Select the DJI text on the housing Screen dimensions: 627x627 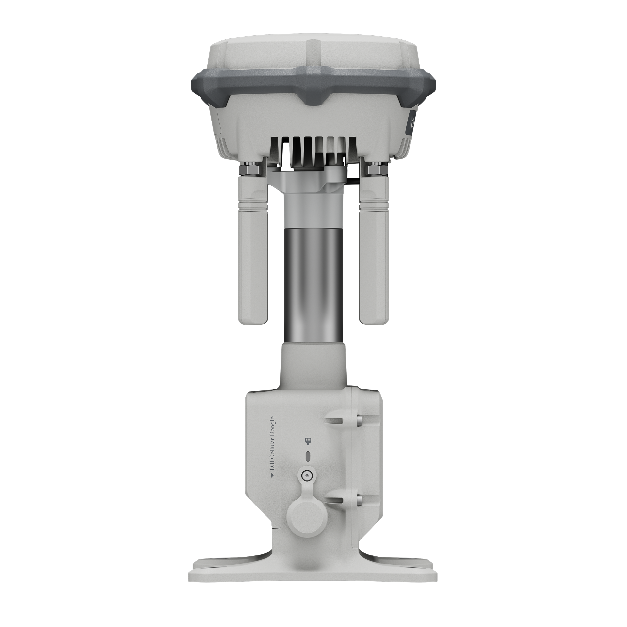[x=272, y=467]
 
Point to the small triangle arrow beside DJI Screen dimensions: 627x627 [x=272, y=476]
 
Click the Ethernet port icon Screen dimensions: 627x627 [x=307, y=441]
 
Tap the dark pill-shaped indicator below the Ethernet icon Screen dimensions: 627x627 [x=308, y=456]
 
